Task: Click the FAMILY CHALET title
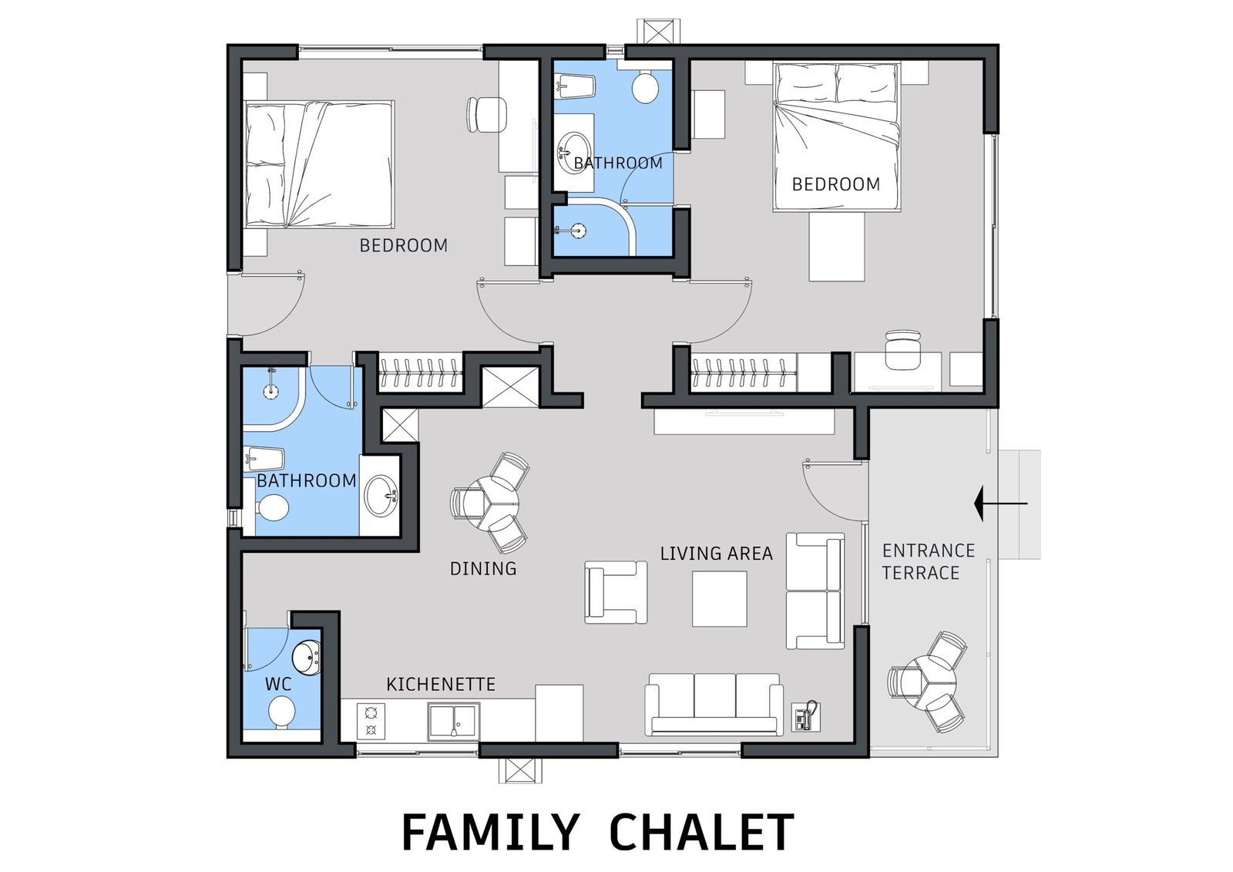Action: click(x=598, y=832)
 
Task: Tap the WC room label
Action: click(x=278, y=684)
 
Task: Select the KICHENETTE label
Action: click(x=440, y=684)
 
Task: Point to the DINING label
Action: click(x=483, y=568)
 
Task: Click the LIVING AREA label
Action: click(x=716, y=553)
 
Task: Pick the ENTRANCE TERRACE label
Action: click(x=929, y=561)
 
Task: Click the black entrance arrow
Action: click(x=1000, y=503)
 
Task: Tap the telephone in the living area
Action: click(x=805, y=716)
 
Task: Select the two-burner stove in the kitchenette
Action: click(x=371, y=722)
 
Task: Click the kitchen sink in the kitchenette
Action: click(x=453, y=721)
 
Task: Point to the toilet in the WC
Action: click(x=281, y=712)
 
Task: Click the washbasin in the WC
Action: click(x=306, y=657)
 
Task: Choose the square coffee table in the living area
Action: click(x=720, y=599)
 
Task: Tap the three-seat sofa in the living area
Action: click(x=714, y=704)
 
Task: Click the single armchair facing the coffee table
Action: click(x=616, y=592)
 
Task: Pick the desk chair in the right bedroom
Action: click(x=902, y=349)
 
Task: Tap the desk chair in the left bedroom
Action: click(x=486, y=115)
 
